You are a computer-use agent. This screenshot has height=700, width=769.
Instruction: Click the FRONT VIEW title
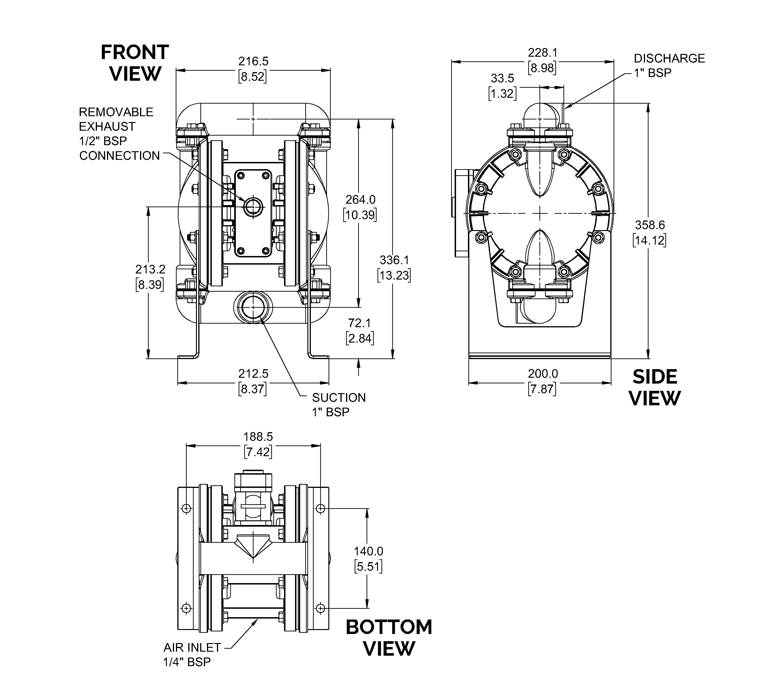[x=135, y=63]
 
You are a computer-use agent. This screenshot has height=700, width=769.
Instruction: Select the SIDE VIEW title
[x=655, y=388]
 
